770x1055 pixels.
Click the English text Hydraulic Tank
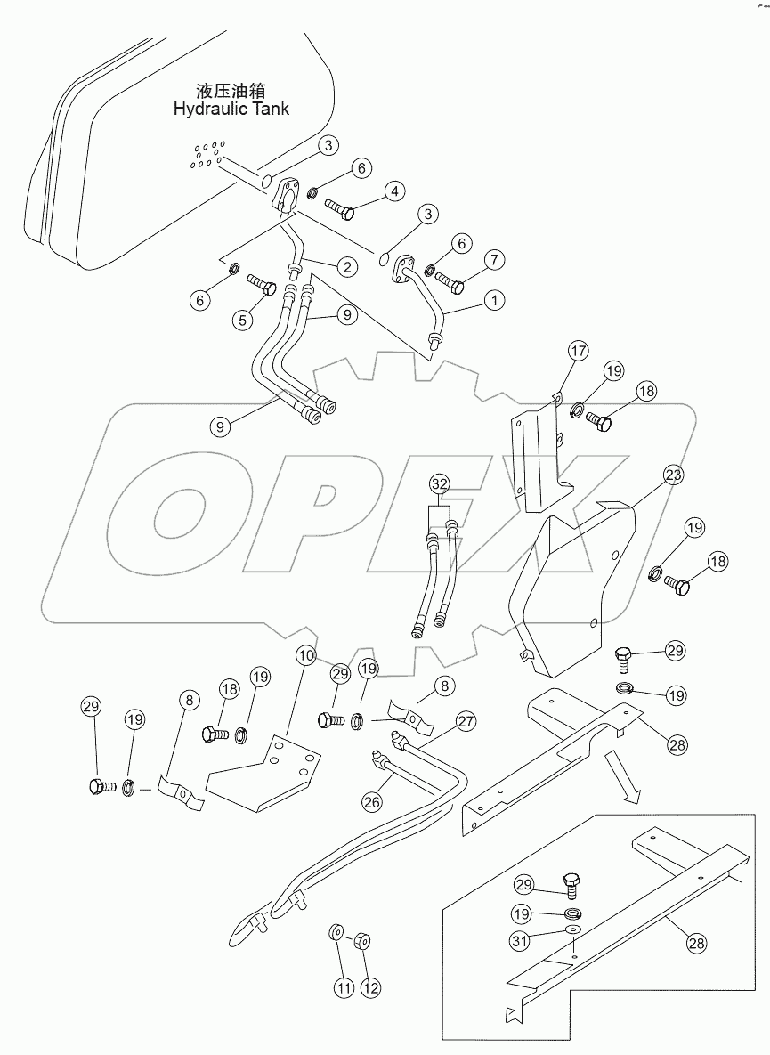point(231,109)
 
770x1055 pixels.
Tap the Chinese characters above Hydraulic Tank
point(231,91)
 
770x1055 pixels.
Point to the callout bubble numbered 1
point(491,301)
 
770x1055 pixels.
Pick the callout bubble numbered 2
point(347,265)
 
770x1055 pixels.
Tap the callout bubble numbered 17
point(578,351)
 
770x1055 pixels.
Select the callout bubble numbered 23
point(673,475)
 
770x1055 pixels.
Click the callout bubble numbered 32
point(440,483)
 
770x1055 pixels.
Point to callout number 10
point(306,655)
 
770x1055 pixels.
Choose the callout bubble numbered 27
point(466,721)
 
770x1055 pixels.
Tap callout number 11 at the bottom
point(342,986)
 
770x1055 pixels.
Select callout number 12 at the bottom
point(369,986)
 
